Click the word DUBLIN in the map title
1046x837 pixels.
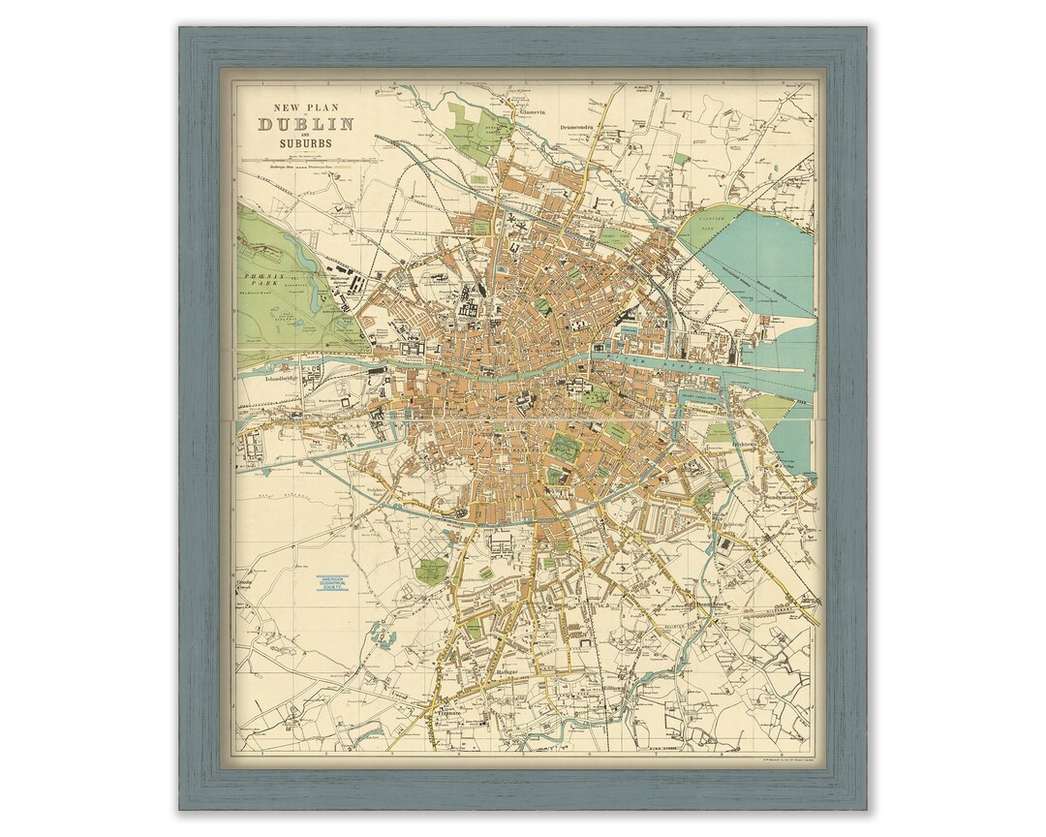pos(305,124)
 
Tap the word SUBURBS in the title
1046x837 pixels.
pos(305,143)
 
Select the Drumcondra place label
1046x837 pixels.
pos(582,125)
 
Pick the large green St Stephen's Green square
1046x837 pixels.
pos(565,447)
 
